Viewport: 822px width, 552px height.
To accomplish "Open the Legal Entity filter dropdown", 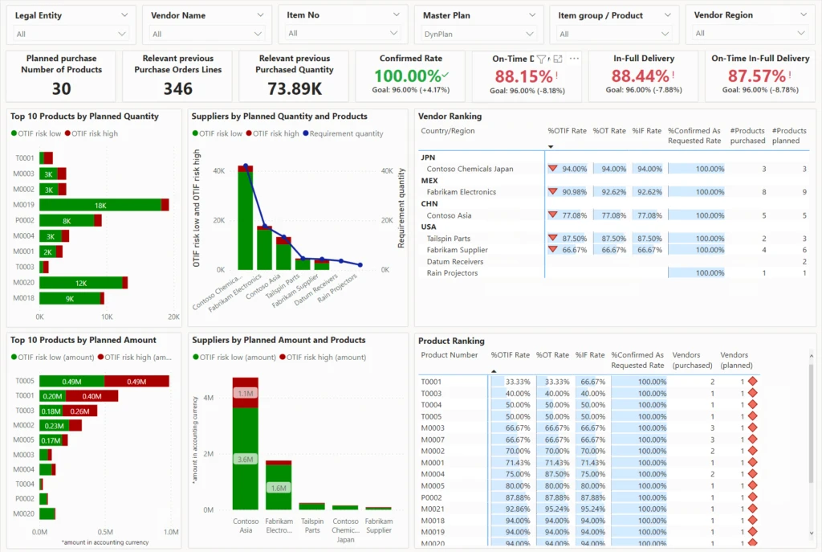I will [x=71, y=34].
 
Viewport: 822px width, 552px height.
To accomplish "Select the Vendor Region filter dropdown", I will [x=751, y=34].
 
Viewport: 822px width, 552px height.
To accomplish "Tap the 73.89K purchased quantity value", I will [x=295, y=88].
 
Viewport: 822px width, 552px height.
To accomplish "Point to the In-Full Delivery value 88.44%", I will [x=640, y=76].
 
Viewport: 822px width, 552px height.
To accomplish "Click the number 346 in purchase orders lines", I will [x=177, y=88].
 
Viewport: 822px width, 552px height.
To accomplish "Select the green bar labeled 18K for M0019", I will [x=100, y=205].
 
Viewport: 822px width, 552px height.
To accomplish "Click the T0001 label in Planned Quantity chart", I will [x=24, y=158].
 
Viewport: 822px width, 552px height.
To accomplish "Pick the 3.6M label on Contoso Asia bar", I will [x=245, y=459].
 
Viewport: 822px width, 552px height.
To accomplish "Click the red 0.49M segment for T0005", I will [x=136, y=381].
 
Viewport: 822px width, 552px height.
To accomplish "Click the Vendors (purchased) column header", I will [x=692, y=359].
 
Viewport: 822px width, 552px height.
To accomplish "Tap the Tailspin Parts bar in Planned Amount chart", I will [x=312, y=505].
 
